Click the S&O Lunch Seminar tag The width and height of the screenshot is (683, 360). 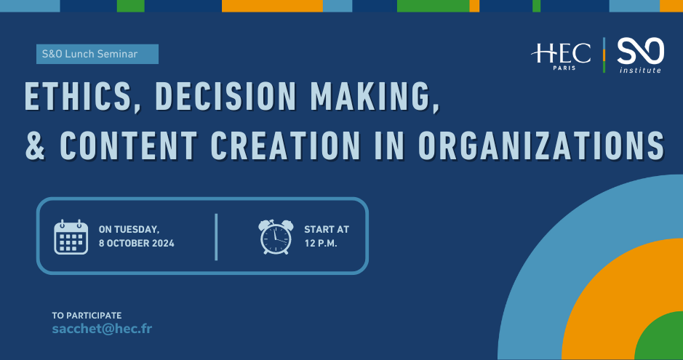tap(97, 54)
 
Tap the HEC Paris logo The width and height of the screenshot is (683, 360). tap(561, 56)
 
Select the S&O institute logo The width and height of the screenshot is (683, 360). tap(640, 55)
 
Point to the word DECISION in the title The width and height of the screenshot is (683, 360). tap(226, 96)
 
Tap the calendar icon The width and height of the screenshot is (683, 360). tap(71, 237)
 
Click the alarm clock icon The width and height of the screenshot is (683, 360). tap(276, 237)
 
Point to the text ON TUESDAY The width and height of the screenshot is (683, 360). tap(129, 229)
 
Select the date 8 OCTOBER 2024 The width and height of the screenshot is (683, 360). tap(136, 244)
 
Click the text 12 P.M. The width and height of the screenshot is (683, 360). tap(321, 244)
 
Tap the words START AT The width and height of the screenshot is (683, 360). tap(327, 229)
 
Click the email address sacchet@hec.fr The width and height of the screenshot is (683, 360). tap(102, 329)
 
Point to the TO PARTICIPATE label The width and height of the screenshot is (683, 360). tap(87, 315)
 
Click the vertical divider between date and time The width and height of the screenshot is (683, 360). tap(216, 237)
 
